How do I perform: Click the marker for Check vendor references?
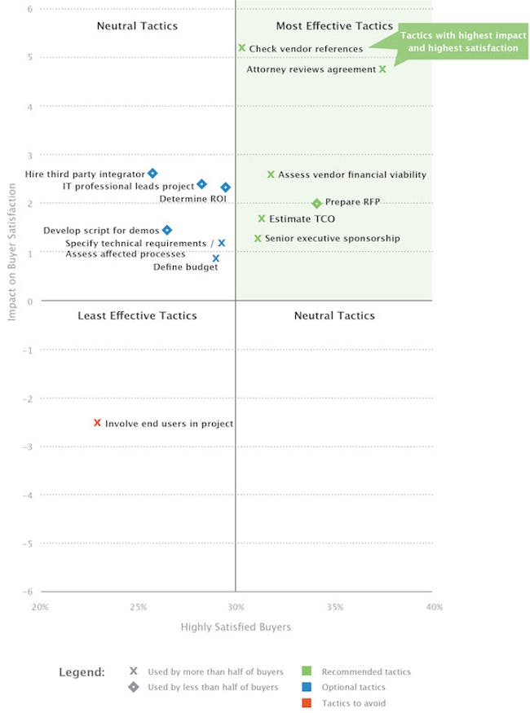(241, 48)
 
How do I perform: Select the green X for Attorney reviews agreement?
(382, 69)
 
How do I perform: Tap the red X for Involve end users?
(97, 423)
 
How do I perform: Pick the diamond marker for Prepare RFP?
(316, 203)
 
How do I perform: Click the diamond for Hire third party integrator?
(152, 174)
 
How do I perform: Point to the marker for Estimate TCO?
(262, 218)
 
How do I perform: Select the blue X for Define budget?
(216, 258)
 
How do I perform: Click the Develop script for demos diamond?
(167, 231)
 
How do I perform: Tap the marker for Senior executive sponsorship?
(258, 239)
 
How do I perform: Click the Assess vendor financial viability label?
(351, 175)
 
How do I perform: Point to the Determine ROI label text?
(192, 198)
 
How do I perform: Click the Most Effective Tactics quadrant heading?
(334, 26)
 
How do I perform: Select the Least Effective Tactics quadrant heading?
(137, 315)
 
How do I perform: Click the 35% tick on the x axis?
(335, 607)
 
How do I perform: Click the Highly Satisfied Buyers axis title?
(236, 627)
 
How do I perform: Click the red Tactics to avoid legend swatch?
(308, 702)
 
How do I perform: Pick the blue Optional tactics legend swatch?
(308, 687)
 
